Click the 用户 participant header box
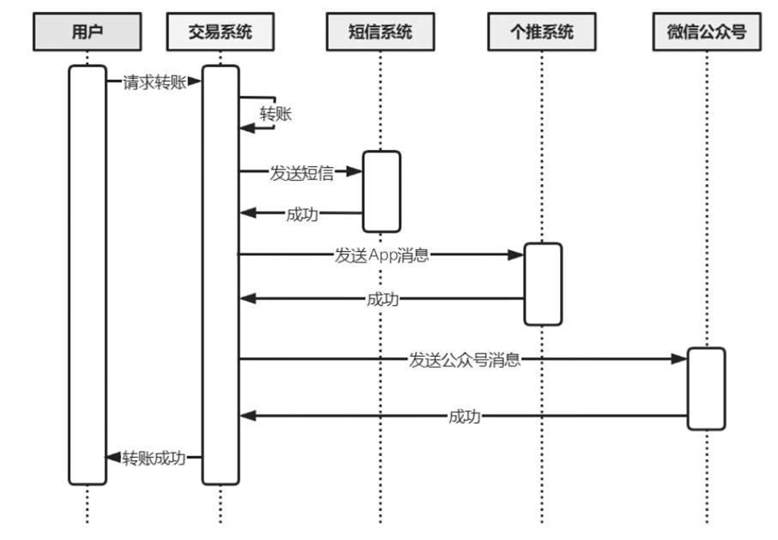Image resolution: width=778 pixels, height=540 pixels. [88, 32]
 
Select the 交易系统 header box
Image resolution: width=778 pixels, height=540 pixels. [220, 32]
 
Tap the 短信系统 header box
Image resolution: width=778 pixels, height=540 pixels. [380, 32]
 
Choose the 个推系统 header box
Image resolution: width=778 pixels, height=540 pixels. [542, 32]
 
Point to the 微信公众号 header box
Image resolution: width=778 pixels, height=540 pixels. [706, 32]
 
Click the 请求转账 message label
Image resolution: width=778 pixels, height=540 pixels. [150, 82]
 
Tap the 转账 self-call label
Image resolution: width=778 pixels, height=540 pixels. [274, 115]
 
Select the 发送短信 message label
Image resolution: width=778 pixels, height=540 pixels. [301, 172]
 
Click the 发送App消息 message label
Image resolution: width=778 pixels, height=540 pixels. [381, 256]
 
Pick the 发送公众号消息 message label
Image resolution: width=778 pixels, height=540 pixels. [464, 360]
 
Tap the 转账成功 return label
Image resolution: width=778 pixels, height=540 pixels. [154, 458]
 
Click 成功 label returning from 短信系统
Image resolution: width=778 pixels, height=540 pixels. [302, 214]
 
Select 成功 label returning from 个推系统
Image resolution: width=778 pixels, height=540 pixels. [383, 299]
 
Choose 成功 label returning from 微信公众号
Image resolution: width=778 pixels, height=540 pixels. [464, 417]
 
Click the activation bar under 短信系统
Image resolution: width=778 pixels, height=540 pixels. [381, 191]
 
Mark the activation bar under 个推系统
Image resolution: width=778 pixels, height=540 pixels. [542, 283]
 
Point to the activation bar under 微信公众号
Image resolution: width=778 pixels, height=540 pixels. [706, 388]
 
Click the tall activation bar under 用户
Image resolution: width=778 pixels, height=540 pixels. [87, 274]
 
